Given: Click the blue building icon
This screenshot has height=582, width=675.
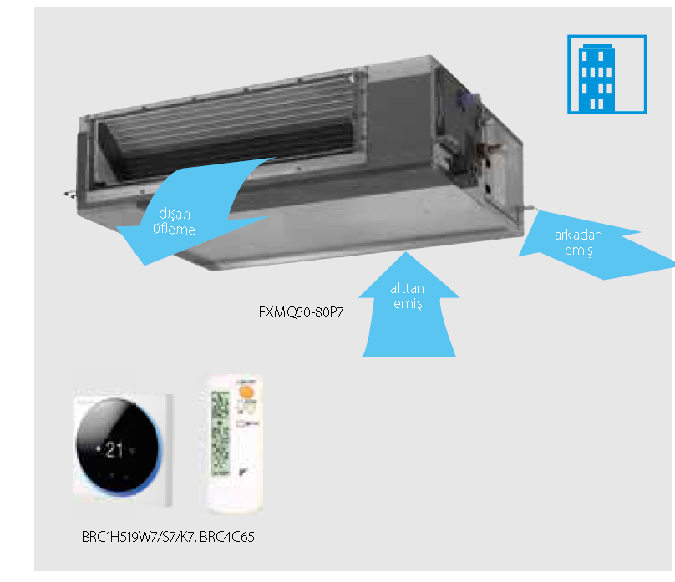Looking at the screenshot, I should coord(606,73).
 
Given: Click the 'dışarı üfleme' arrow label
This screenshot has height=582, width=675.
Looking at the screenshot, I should coord(174,221).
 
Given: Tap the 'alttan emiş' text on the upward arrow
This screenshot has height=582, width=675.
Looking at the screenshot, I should coord(408,296).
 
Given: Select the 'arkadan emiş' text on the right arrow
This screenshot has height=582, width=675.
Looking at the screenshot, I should coord(578,242).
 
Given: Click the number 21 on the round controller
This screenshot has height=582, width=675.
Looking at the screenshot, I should coord(115,449).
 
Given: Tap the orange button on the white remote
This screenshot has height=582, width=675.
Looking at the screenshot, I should coord(246,389).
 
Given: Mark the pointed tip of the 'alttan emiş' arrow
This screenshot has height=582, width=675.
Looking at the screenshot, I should coord(409,253).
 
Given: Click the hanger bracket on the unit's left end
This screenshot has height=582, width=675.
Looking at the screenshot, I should coord(68,195).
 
